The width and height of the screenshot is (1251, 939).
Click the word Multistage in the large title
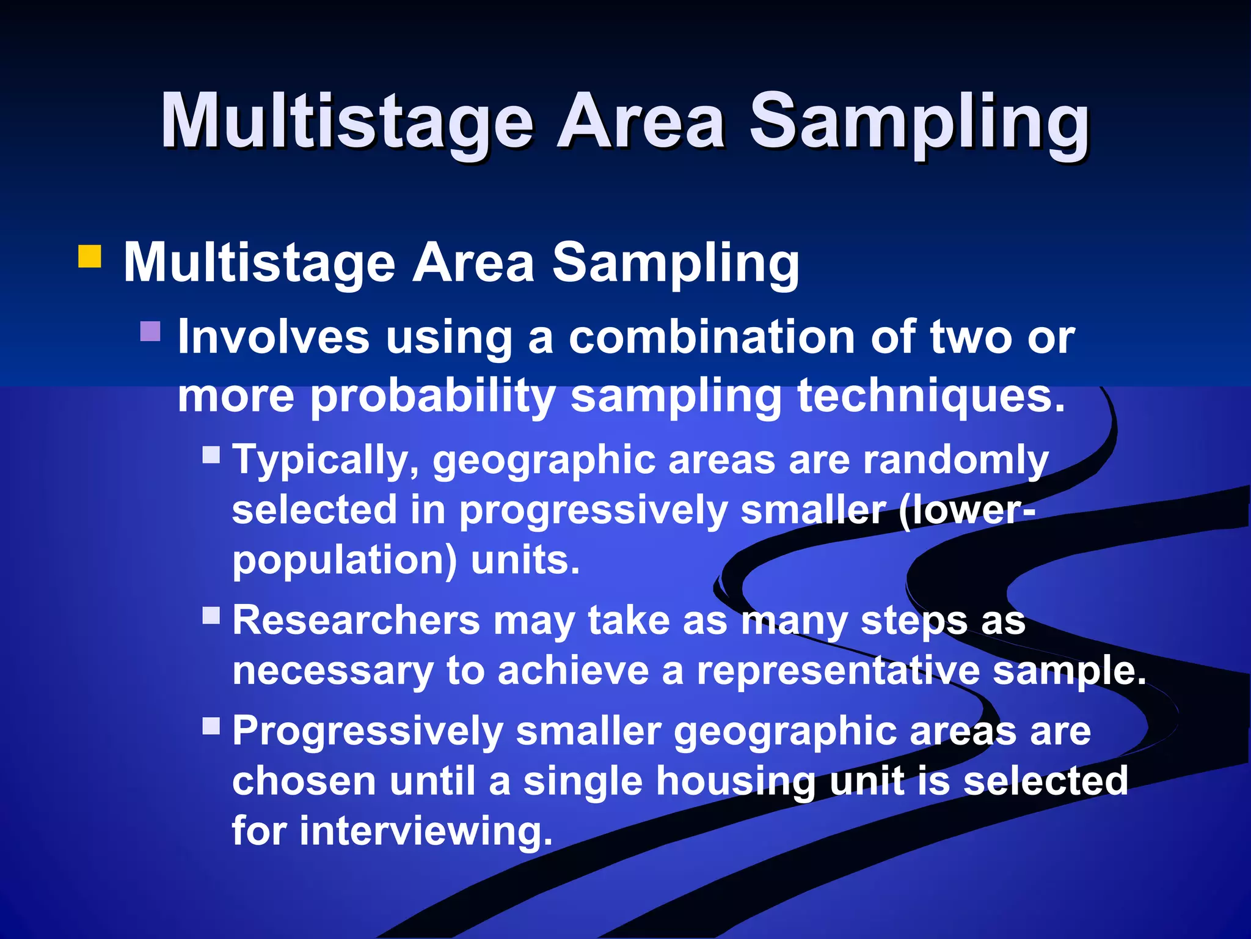click(347, 122)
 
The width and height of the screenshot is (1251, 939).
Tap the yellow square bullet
click(89, 257)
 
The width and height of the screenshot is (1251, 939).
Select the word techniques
click(931, 396)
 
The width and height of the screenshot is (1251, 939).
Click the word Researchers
click(356, 620)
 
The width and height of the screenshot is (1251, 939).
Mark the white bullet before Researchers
click(211, 614)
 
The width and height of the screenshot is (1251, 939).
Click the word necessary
click(332, 671)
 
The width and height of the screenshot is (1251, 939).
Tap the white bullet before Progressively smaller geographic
click(211, 726)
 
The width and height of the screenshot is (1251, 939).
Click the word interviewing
click(426, 831)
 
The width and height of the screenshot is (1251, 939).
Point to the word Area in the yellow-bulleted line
click(473, 263)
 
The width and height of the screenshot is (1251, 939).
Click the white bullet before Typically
click(211, 454)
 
